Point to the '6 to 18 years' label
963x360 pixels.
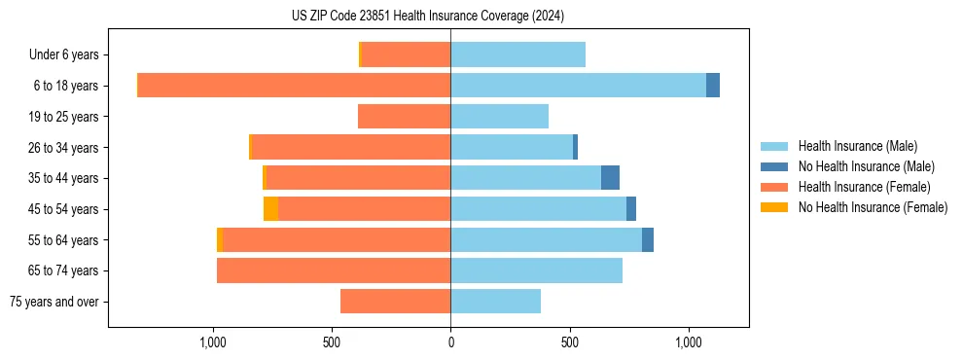[x=65, y=86]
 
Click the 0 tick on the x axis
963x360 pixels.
[x=450, y=343]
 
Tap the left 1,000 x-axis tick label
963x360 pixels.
[x=212, y=343]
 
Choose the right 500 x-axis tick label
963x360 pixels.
[x=570, y=343]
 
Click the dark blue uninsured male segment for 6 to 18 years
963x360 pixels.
[x=713, y=86]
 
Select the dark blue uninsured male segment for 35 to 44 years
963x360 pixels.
[x=610, y=178]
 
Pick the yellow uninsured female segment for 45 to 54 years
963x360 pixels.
[x=270, y=209]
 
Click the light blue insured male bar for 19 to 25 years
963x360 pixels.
[x=499, y=117]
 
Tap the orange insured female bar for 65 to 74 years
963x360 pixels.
[x=334, y=270]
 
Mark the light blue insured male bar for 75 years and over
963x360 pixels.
[x=495, y=302]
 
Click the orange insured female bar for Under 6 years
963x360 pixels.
[x=406, y=55]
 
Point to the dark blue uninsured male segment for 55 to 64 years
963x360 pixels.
[x=648, y=240]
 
